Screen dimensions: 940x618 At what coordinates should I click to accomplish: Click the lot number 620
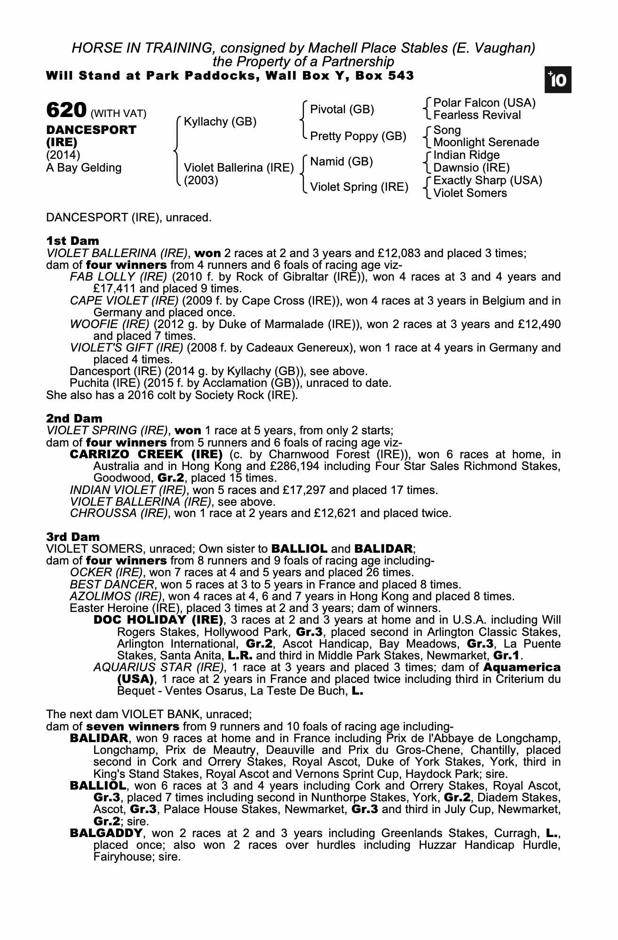click(66, 110)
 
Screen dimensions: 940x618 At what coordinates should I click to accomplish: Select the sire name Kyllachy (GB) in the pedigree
click(220, 122)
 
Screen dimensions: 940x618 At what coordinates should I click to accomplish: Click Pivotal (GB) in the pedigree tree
click(342, 110)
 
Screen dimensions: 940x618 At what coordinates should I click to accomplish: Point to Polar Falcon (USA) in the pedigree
click(484, 103)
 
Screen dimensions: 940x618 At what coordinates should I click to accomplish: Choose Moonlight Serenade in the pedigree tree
click(486, 142)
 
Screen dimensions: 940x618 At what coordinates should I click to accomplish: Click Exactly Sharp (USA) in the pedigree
click(487, 180)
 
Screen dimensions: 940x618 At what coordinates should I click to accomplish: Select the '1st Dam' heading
click(72, 241)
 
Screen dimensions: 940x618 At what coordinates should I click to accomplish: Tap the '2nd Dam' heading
click(74, 418)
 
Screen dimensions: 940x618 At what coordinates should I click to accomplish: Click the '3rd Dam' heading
click(73, 537)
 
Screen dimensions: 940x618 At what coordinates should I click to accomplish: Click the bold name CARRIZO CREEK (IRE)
click(146, 454)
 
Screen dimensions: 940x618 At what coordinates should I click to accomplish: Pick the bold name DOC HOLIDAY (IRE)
click(158, 620)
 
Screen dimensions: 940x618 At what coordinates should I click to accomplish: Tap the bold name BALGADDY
click(106, 833)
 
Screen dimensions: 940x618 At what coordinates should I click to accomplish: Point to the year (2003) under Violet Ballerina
click(201, 180)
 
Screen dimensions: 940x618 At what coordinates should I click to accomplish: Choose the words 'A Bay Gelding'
click(84, 168)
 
